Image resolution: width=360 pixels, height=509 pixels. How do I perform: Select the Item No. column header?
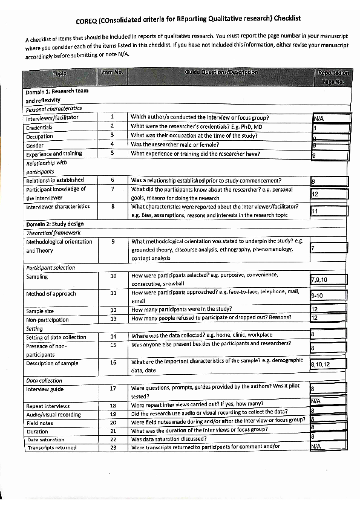click(x=112, y=73)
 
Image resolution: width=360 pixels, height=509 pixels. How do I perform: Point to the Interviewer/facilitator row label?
click(x=52, y=117)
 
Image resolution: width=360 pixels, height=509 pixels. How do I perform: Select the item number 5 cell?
click(x=112, y=154)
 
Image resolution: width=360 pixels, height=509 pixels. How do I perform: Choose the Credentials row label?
click(x=39, y=127)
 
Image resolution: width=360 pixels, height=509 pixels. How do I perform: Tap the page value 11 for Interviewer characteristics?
click(x=315, y=212)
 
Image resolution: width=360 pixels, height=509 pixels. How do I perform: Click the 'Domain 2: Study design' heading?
click(x=56, y=225)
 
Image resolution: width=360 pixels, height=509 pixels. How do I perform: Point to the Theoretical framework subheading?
click(x=53, y=233)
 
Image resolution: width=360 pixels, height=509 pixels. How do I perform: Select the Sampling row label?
click(x=37, y=276)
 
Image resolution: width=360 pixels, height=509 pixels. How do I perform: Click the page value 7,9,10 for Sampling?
click(x=319, y=280)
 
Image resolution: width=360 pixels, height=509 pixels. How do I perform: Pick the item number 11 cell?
click(x=113, y=293)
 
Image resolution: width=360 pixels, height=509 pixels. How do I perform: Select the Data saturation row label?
click(x=45, y=439)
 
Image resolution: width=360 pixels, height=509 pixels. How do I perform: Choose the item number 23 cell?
click(x=113, y=447)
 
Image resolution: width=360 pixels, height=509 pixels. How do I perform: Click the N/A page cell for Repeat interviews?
click(x=315, y=401)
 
